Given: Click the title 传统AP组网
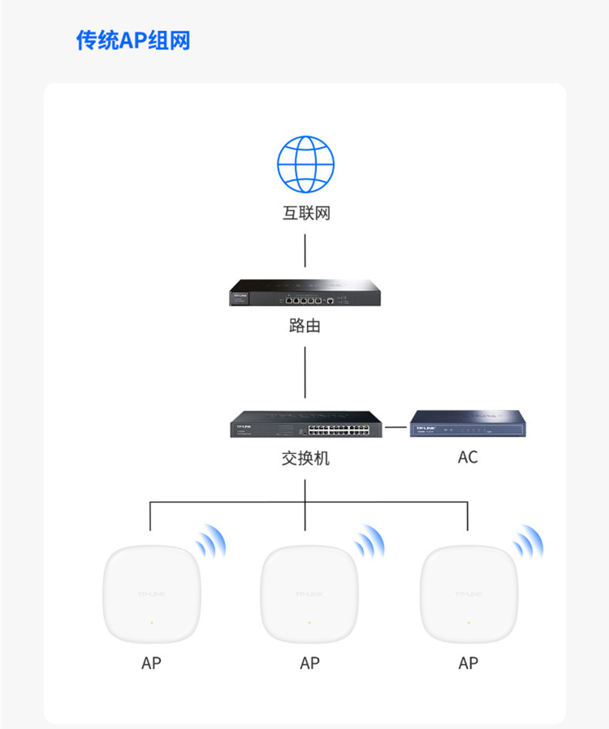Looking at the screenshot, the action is [133, 40].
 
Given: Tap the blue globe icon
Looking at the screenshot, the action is [306, 164].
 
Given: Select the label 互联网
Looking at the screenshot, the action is [306, 213].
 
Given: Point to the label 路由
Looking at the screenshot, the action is [305, 325].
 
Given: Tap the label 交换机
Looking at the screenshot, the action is [305, 458].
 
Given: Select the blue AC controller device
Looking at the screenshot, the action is [470, 425].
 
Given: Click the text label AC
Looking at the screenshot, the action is [468, 457].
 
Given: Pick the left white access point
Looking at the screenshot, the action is [152, 594].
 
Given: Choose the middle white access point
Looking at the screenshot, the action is [309, 594].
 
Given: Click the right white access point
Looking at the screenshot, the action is [468, 594].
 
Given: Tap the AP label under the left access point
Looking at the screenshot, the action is [152, 663].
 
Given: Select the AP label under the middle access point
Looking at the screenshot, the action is [310, 663].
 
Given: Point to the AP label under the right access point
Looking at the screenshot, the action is [468, 663].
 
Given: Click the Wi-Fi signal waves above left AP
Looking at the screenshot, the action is [210, 542].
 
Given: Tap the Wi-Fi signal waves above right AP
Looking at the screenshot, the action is [529, 542].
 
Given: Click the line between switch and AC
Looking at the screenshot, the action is [396, 425].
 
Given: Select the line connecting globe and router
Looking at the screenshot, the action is [305, 250].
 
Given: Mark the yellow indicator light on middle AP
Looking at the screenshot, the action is [309, 623].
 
